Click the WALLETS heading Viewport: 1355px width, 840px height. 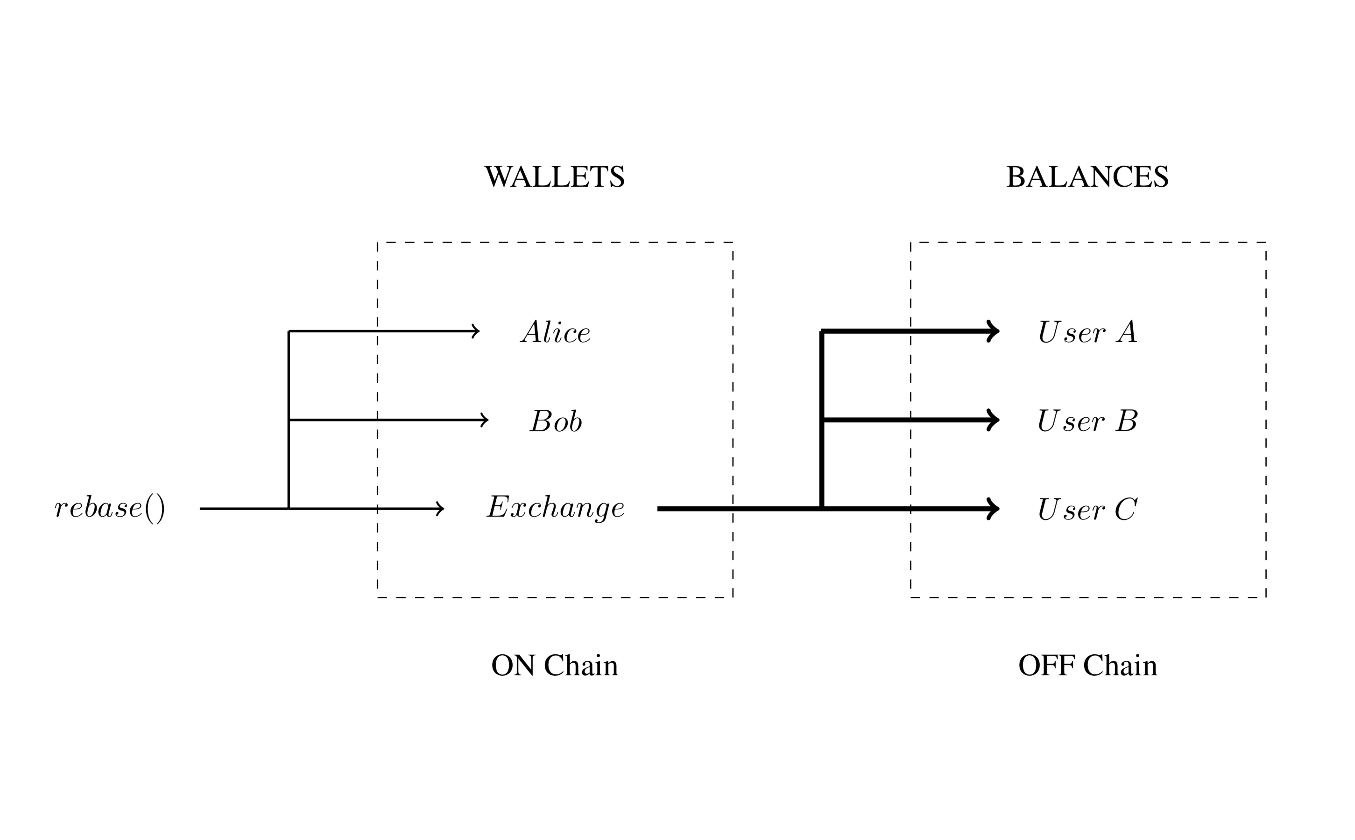click(554, 177)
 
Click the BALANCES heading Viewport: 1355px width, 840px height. click(1087, 177)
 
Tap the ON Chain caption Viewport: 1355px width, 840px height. click(554, 665)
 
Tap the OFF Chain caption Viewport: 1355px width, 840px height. click(1087, 665)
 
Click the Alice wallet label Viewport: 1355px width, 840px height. click(556, 333)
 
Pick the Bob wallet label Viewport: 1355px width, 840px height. click(556, 421)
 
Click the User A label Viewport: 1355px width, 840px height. click(1087, 333)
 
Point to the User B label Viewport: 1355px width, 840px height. click(1087, 421)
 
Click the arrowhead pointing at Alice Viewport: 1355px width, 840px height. click(475, 332)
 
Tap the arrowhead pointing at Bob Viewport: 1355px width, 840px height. click(485, 420)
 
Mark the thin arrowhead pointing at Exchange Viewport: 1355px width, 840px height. click(440, 508)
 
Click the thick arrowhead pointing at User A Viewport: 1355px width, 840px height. click(993, 332)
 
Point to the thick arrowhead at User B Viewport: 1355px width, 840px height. click(993, 420)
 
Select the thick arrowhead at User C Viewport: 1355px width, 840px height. click(993, 508)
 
